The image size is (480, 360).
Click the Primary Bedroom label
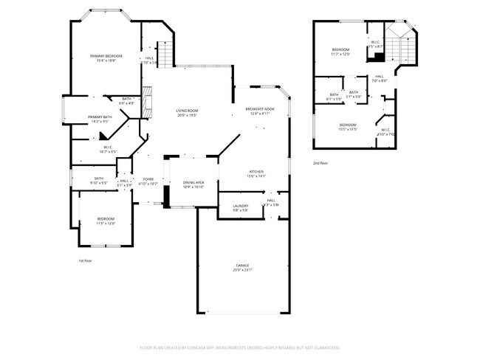tap(106, 56)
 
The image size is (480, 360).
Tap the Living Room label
tap(187, 110)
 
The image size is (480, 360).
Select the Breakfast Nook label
tap(259, 109)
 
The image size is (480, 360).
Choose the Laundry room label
tap(241, 206)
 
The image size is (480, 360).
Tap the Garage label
tap(242, 265)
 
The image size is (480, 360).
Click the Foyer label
tap(148, 179)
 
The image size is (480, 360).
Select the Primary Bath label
tap(100, 117)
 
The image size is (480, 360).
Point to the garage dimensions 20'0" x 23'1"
tap(242, 270)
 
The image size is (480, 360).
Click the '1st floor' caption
tap(86, 260)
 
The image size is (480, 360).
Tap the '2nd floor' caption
tap(320, 162)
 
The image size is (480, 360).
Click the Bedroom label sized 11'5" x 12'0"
tap(106, 218)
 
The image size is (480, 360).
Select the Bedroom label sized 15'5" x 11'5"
tap(348, 125)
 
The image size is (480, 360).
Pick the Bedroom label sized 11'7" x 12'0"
tap(340, 49)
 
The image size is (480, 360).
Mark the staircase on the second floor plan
tap(404, 48)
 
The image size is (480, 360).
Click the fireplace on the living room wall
tap(147, 100)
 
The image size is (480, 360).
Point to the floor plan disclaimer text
tap(239, 346)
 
